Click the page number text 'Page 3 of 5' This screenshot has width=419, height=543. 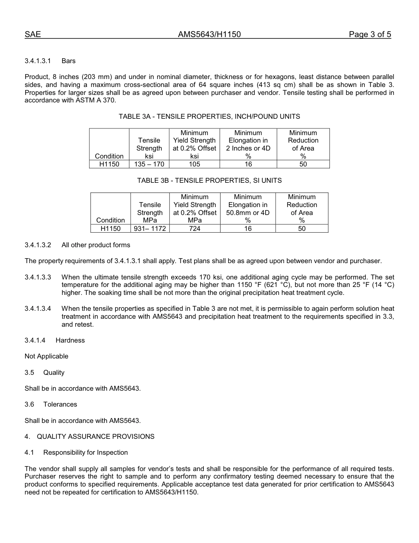click(x=370, y=34)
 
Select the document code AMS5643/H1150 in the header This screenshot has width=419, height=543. click(x=209, y=34)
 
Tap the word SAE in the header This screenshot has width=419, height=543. click(x=33, y=34)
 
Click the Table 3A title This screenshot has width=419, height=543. click(x=209, y=117)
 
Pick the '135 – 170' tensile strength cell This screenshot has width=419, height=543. click(x=149, y=164)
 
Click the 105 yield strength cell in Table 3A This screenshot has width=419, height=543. click(x=195, y=164)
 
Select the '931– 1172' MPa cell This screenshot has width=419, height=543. click(x=150, y=229)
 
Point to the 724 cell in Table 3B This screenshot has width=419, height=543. click(x=195, y=229)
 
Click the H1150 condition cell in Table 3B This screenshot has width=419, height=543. click(x=110, y=229)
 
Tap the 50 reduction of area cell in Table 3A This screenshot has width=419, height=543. click(x=303, y=164)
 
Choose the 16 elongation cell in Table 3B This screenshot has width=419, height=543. click(x=248, y=229)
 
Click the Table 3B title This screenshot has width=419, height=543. click(x=209, y=181)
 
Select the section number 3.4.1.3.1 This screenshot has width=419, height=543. click(x=38, y=60)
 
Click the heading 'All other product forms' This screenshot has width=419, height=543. click(x=96, y=245)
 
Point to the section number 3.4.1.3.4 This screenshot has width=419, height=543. click(x=38, y=309)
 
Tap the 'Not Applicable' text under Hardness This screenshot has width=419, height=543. click(x=46, y=356)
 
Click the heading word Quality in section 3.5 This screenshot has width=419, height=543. click(x=54, y=373)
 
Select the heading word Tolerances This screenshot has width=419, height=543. click(x=60, y=404)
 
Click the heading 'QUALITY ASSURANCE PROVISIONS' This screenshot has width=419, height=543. click(x=95, y=437)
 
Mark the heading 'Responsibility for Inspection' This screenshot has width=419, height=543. click(x=86, y=452)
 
